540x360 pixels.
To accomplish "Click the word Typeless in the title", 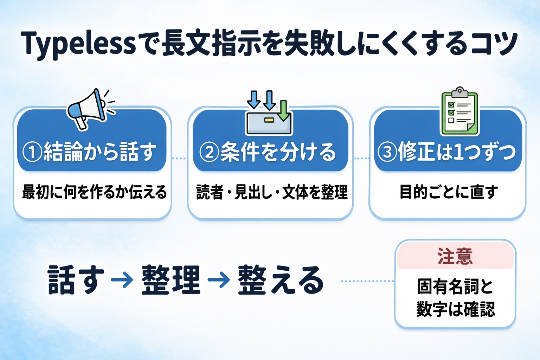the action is coord(79,44).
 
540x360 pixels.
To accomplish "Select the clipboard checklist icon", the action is coord(459,111).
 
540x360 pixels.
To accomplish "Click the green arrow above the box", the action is coord(283,110).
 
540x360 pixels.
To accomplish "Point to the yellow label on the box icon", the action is coord(269,120).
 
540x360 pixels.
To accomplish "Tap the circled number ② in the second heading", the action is coord(209,152).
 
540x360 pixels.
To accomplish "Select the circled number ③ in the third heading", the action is coord(387,152).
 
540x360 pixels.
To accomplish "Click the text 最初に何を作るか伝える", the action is coord(94,192).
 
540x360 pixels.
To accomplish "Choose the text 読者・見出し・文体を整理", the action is coord(272,192).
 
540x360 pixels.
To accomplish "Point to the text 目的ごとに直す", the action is coord(449,192).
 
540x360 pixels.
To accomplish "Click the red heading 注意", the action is coord(455,256).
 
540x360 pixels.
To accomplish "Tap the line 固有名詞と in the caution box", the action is coord(455,287).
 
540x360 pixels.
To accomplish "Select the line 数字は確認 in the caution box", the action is coord(456,309).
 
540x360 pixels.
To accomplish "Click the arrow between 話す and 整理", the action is coord(122,280).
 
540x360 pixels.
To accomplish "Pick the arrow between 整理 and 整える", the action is coord(219,280).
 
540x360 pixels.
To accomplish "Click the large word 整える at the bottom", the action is coord(281,280).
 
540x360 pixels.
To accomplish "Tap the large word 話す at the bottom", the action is coord(76,280).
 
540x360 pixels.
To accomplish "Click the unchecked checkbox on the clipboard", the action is coord(451,120).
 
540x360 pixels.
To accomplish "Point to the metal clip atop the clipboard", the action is coord(460,92).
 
